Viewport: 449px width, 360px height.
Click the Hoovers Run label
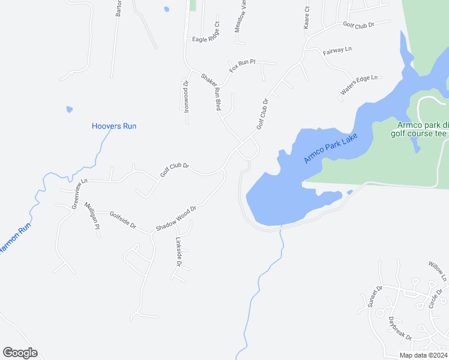point(114,126)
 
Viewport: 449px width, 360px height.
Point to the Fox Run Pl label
point(242,66)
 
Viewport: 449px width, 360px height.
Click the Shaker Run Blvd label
point(211,91)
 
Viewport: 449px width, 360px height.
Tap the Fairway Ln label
point(337,50)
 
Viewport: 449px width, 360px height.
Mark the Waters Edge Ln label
point(360,85)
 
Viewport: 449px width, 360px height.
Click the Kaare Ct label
point(306,18)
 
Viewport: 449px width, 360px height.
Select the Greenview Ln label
point(76,193)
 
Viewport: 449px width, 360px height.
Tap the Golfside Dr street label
point(123,220)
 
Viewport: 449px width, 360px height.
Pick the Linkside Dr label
point(178,252)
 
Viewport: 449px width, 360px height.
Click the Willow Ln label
point(438,271)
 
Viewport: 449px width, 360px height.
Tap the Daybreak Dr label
point(399,329)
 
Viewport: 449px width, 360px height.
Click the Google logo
point(20,353)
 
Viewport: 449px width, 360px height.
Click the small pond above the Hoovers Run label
point(70,110)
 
